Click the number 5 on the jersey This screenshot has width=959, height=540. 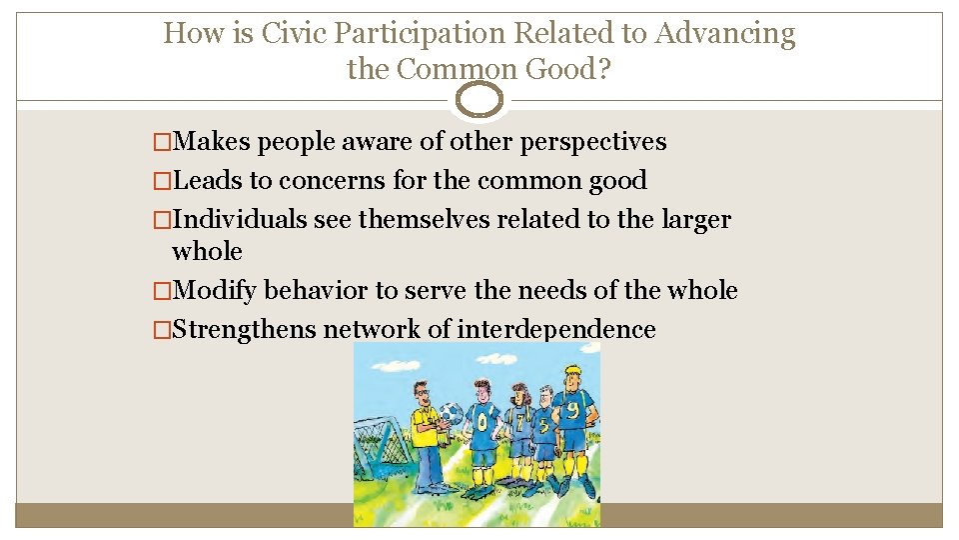[544, 425]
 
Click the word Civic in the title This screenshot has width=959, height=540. [293, 34]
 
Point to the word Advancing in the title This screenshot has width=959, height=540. [725, 34]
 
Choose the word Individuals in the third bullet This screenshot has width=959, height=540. [240, 219]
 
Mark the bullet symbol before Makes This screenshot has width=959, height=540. [162, 143]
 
